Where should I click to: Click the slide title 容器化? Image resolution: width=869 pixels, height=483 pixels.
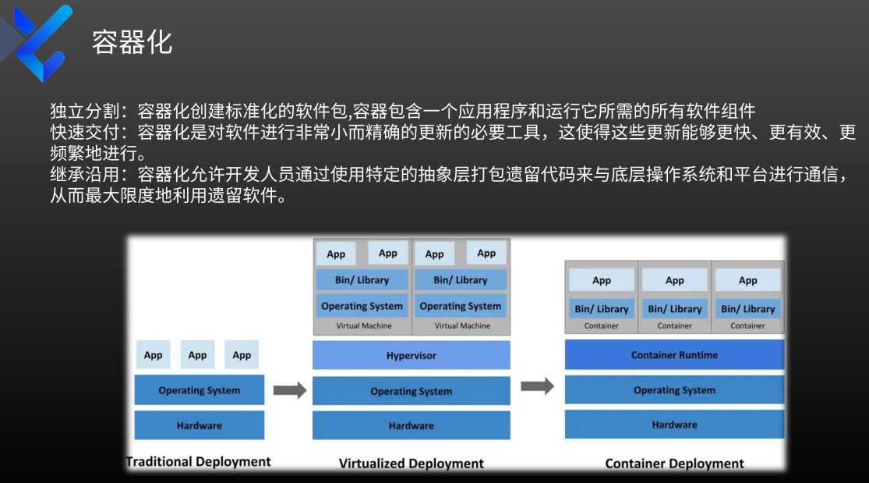click(132, 42)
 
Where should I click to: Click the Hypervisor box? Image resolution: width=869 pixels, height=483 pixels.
click(412, 356)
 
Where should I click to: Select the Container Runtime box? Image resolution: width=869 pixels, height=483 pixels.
click(674, 355)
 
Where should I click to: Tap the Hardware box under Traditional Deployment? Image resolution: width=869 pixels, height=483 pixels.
click(199, 425)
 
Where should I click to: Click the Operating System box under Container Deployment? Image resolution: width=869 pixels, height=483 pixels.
click(674, 390)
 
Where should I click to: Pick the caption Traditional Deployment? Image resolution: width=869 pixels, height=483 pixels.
click(199, 462)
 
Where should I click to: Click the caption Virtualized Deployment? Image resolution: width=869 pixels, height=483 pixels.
click(412, 463)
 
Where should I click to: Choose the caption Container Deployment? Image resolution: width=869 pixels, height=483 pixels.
click(674, 463)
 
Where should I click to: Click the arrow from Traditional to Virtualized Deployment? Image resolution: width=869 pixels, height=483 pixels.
click(289, 390)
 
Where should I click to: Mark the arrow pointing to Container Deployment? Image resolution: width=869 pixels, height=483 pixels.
click(537, 386)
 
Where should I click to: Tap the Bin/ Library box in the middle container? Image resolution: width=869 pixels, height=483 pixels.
click(674, 309)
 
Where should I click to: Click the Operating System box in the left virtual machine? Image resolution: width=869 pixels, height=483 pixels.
click(362, 306)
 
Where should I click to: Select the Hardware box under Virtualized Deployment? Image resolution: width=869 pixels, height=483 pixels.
click(412, 425)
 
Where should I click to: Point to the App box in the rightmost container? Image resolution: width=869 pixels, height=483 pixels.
click(747, 280)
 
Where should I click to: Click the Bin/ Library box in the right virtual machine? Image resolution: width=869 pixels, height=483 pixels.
click(461, 280)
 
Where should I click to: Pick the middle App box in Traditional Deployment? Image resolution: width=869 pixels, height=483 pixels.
click(198, 355)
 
